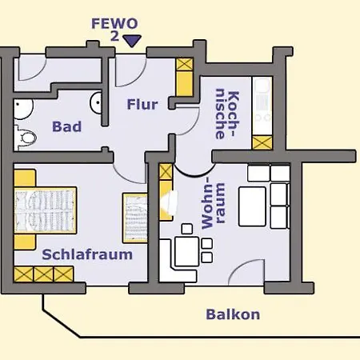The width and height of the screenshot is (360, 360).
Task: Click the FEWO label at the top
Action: coord(114,24)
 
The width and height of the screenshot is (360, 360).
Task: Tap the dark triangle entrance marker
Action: coord(132,41)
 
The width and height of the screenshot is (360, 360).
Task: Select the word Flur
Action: coord(142,104)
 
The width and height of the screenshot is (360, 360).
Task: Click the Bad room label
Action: coord(67,126)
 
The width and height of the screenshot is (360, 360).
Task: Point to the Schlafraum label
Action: coord(87,254)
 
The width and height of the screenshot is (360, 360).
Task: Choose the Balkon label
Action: coord(233,314)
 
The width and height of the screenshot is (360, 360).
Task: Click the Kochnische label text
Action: coord(227,114)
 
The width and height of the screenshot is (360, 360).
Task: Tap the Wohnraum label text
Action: coord(214,203)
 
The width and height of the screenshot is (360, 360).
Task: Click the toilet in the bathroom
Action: coord(26,138)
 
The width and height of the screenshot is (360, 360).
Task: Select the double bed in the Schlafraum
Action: coord(46,210)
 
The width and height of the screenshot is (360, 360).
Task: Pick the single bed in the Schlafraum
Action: coord(135,218)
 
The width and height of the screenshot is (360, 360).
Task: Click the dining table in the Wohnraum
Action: coord(186,251)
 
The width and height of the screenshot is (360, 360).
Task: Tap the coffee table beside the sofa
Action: coord(252,206)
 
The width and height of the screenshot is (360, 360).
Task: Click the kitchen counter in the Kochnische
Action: coord(262,106)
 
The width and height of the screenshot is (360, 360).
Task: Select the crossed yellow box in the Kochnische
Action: coord(262,142)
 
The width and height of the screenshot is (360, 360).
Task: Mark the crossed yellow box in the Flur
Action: coord(185,65)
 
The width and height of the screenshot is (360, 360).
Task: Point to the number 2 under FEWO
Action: coord(114,36)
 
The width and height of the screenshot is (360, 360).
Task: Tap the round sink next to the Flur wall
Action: coord(96,102)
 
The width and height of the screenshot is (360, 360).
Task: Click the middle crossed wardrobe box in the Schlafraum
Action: coord(43,274)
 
